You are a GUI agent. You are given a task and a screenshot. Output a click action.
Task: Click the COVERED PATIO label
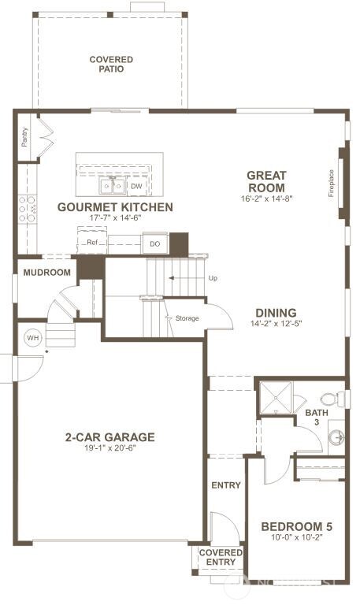[x=110, y=64]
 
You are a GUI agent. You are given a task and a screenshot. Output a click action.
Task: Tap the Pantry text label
[x=24, y=137]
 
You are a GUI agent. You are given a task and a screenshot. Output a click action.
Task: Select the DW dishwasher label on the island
[x=136, y=186]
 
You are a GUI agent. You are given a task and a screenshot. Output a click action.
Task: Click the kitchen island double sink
[x=112, y=186]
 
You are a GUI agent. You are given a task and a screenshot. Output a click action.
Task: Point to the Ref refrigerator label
[x=91, y=243]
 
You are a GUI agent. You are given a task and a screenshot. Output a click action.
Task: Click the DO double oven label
[x=155, y=244]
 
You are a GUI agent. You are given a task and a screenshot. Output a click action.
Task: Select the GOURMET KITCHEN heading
[x=115, y=207]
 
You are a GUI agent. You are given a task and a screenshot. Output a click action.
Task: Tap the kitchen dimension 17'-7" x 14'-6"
[x=115, y=218]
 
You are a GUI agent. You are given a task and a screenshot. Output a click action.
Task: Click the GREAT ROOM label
[x=266, y=181]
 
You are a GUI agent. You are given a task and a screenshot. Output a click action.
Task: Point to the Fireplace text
[x=332, y=183]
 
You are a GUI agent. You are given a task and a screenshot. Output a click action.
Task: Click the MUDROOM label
[x=46, y=273]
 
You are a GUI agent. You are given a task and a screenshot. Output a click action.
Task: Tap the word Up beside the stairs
[x=213, y=278]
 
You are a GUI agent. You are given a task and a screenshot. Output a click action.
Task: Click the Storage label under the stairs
[x=187, y=318]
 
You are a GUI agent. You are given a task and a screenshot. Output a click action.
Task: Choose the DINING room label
[x=275, y=312]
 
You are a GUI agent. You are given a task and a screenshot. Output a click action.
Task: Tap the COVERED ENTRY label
[x=221, y=558]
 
